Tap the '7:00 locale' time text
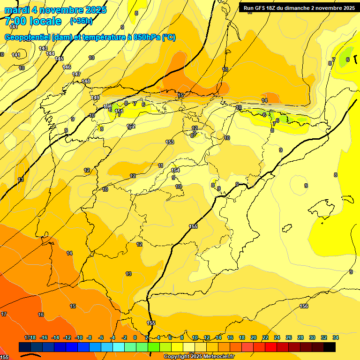33,21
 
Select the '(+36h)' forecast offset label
81,21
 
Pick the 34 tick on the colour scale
336,337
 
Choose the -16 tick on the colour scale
44,337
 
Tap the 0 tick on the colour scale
135,337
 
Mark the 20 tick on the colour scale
253,337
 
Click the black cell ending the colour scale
329,347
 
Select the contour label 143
43,48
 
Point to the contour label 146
67,67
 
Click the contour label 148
86,81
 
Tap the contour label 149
96,97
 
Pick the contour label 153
170,142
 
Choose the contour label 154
175,170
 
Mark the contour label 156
304,306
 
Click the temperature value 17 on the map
4,314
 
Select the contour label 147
76,74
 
